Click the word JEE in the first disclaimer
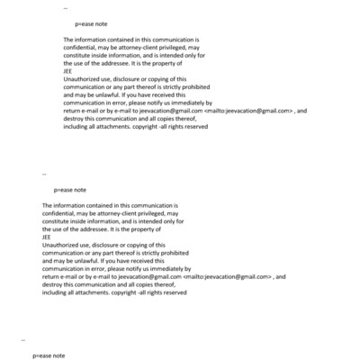(x=68, y=72)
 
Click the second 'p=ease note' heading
(x=70, y=190)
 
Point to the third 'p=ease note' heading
(x=49, y=355)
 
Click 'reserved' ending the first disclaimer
(x=193, y=127)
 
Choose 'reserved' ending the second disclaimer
(x=172, y=292)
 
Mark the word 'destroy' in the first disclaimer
(x=76, y=119)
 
